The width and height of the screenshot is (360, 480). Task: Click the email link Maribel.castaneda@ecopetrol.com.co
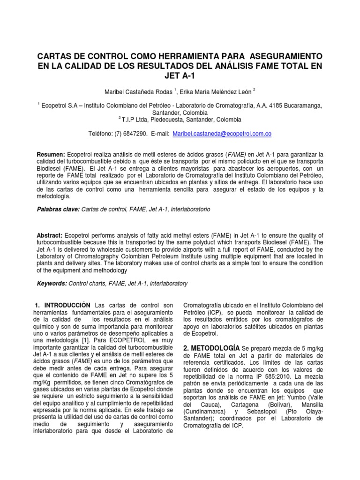222,134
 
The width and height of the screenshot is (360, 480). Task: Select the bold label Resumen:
52,154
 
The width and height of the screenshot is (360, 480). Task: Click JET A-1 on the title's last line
180,76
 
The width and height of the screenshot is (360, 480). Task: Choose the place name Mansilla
311,405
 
